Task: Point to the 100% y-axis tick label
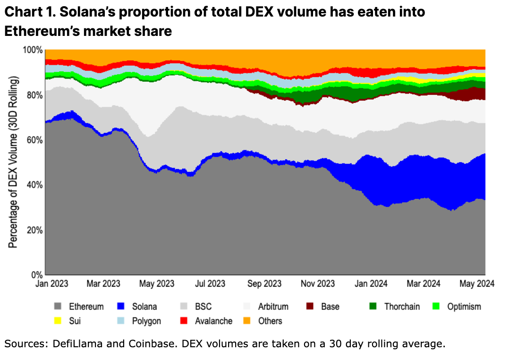click(x=33, y=50)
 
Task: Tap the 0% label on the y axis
click(x=37, y=275)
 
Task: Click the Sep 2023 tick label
click(x=265, y=284)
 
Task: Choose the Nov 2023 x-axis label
click(x=318, y=284)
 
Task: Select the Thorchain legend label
click(x=402, y=307)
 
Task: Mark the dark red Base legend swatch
click(x=310, y=307)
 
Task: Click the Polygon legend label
click(x=146, y=321)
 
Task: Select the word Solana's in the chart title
click(x=87, y=12)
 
